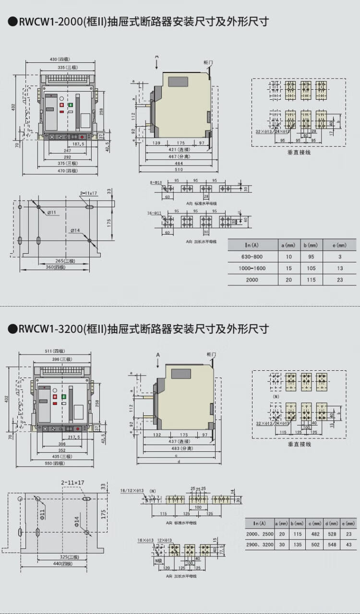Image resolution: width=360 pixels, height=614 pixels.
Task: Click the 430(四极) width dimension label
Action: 60,59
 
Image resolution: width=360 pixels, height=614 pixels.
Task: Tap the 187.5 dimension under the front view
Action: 78,143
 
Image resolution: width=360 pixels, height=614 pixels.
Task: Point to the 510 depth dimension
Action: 178,170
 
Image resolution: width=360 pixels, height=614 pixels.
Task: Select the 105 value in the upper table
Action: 311,268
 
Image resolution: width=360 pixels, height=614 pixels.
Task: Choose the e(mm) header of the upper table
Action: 340,245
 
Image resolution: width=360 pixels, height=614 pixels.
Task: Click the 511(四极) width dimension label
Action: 55,351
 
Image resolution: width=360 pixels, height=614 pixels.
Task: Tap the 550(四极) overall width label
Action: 55,463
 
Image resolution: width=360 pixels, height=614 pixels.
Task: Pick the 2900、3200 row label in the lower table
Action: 259,545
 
